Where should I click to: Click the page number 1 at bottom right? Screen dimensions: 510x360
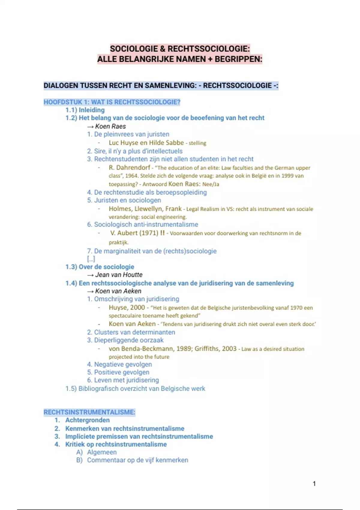point(314,484)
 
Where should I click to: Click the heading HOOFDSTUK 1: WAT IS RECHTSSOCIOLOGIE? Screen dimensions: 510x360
point(112,102)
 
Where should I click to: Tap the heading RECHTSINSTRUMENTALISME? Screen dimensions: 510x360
point(89,412)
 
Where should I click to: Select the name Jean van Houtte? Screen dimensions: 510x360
point(119,275)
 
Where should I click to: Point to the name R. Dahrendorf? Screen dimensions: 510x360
point(130,167)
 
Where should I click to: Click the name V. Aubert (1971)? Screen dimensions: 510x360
point(134,233)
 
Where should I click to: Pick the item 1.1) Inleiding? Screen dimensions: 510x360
point(85,110)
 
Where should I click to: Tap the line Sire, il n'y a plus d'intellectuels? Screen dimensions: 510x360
point(138,151)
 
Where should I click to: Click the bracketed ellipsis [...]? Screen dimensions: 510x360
point(91,259)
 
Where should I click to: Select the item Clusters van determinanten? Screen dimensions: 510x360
point(134,332)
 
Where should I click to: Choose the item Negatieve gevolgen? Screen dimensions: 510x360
point(123,364)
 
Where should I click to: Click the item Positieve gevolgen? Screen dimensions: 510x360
point(121,372)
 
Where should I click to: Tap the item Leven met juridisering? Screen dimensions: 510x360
point(126,380)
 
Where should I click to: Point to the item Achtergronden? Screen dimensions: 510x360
point(87,420)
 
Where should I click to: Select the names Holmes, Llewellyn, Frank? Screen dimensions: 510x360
point(145,208)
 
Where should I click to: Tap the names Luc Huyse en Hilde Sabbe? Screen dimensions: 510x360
point(146,143)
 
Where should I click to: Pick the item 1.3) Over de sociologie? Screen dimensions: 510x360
point(100,267)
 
